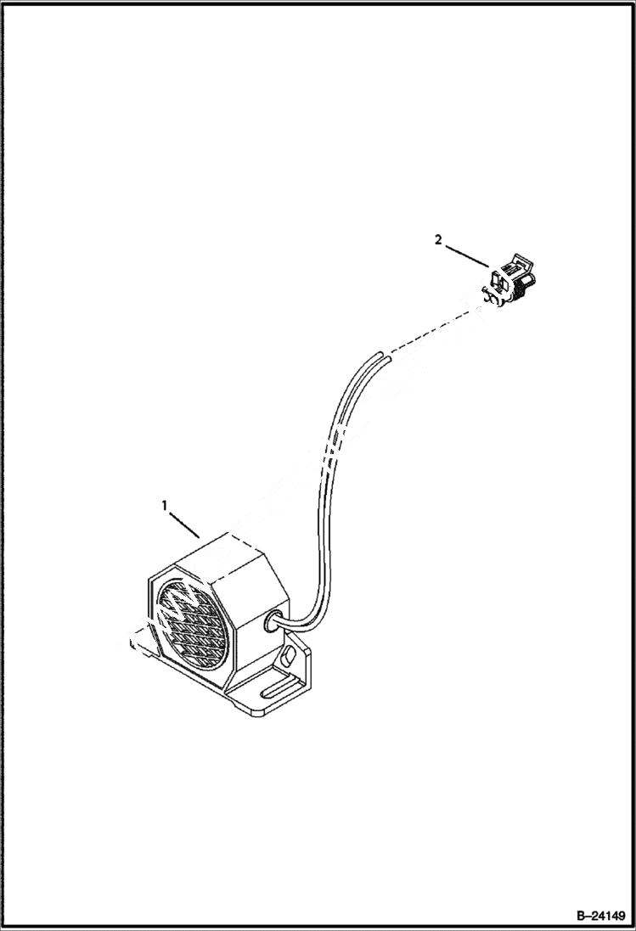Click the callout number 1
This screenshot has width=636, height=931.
click(165, 506)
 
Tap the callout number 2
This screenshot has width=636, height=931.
click(438, 240)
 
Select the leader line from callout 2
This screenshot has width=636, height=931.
click(464, 255)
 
